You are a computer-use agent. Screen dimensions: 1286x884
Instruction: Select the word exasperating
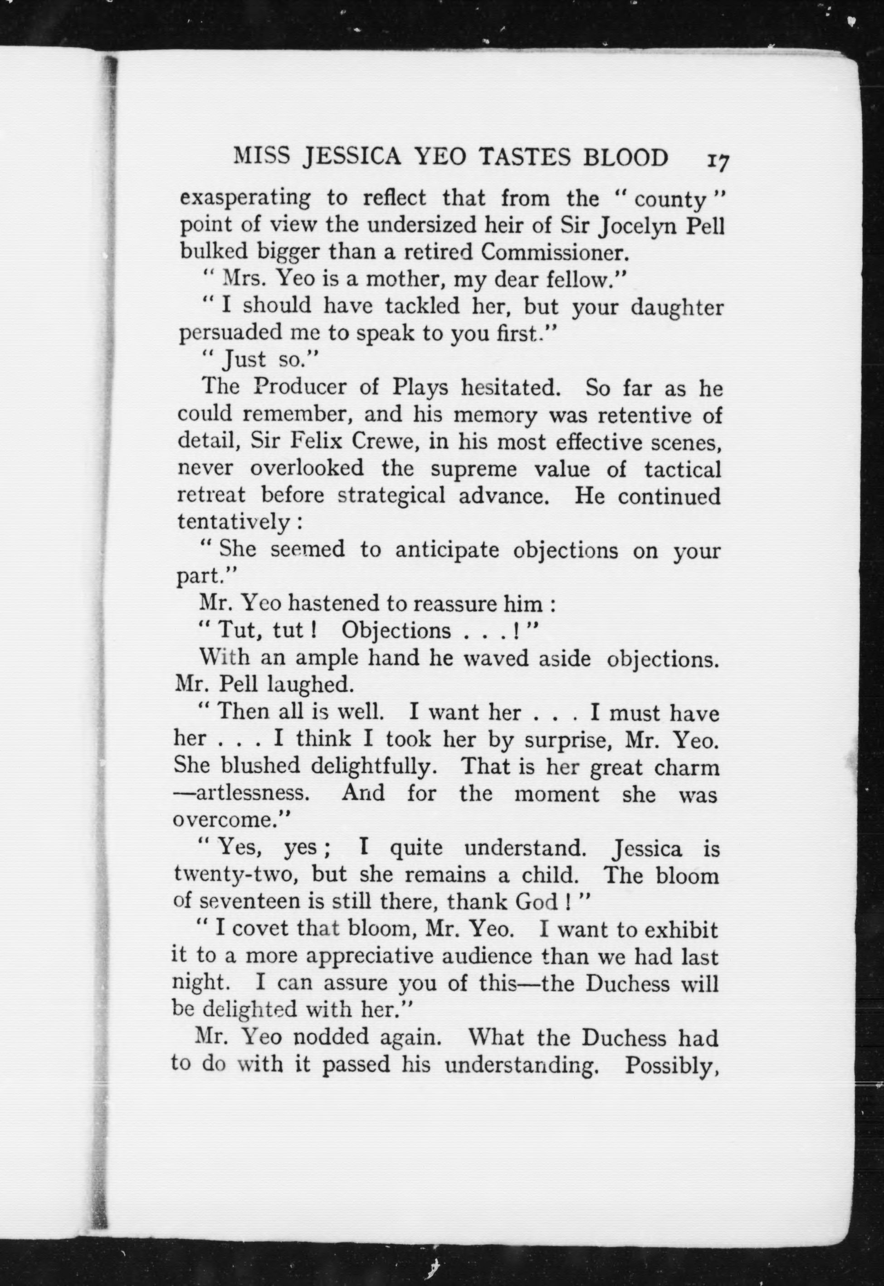click(245, 198)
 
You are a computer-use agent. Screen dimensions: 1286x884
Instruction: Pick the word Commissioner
click(556, 253)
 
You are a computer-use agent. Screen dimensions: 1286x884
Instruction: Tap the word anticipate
click(447, 549)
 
